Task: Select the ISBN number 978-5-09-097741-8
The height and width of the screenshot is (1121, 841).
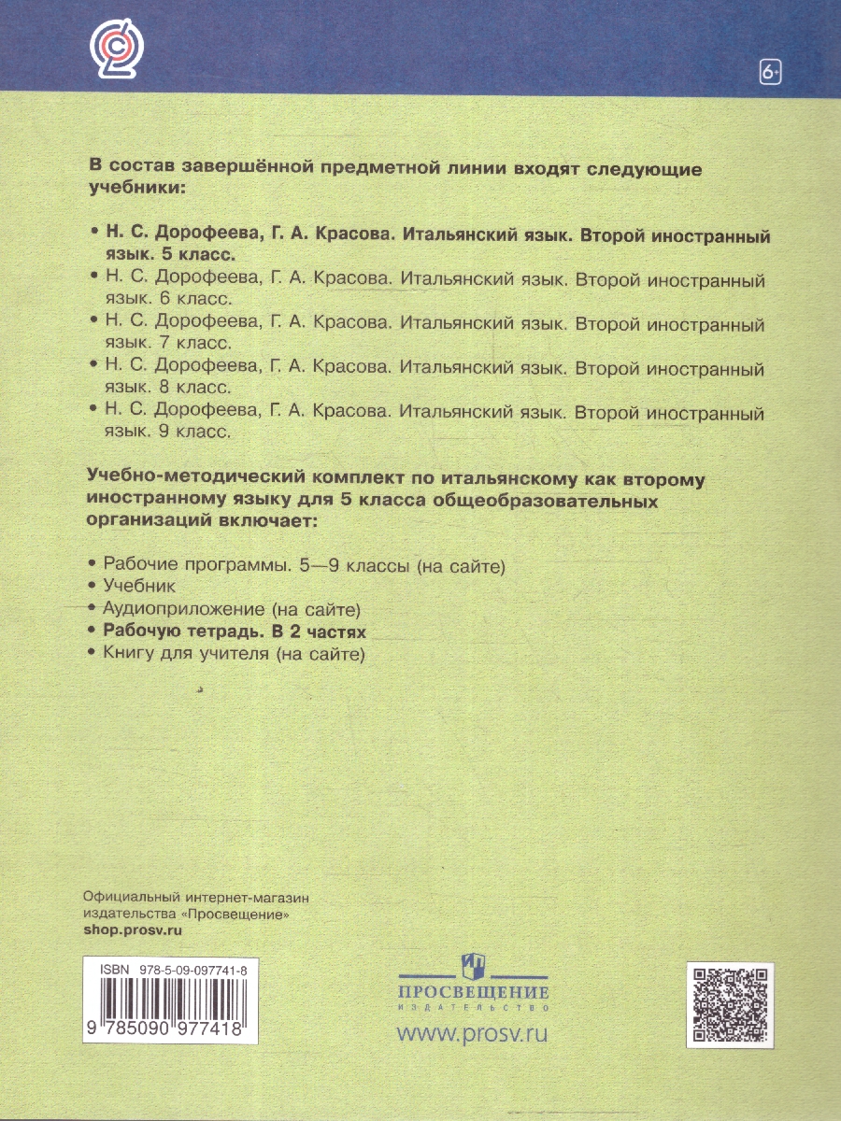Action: pos(199,971)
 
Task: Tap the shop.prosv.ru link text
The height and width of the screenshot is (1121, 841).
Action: pos(132,930)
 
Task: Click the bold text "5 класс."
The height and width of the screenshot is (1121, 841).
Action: pos(192,254)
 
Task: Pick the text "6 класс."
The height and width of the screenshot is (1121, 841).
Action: pos(192,298)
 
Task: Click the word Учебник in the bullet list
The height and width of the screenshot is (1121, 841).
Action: pos(138,586)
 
